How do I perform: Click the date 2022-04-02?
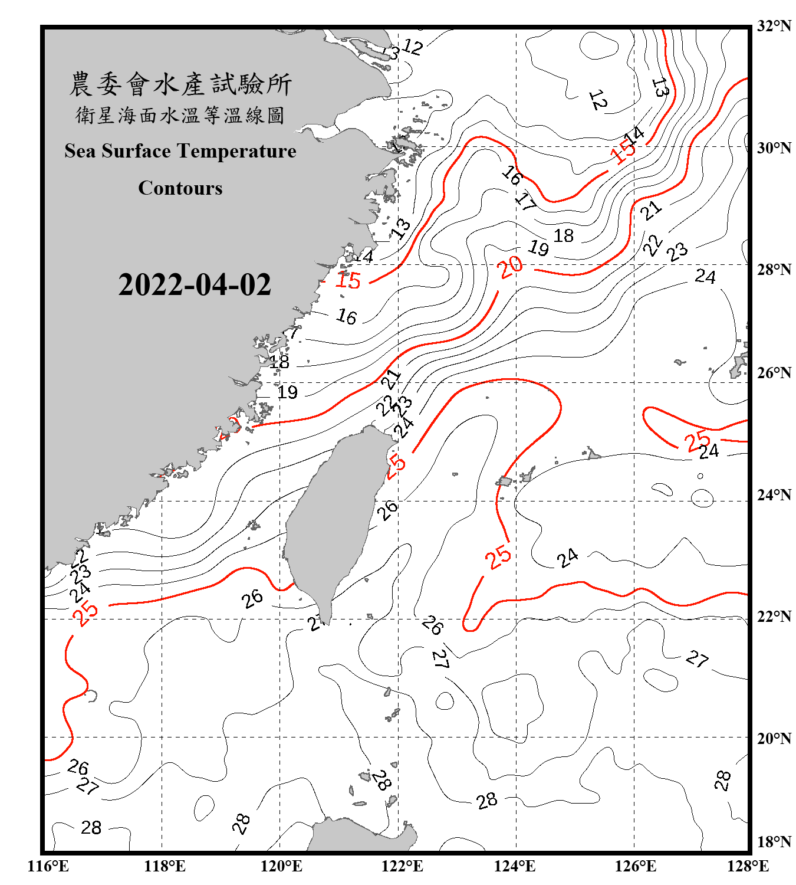click(x=195, y=285)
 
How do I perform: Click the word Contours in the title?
click(x=180, y=188)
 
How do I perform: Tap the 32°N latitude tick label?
click(x=774, y=26)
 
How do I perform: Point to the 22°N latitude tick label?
click(x=774, y=617)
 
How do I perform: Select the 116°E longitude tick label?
click(x=48, y=866)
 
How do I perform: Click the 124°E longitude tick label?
click(x=515, y=866)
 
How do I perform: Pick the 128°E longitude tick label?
click(x=748, y=866)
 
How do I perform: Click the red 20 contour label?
click(x=510, y=267)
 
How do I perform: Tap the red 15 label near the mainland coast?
click(x=347, y=280)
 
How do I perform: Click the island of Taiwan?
click(x=330, y=513)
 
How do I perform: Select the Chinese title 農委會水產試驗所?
click(x=180, y=84)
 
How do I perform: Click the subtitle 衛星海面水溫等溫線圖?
click(x=180, y=115)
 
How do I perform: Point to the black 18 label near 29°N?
click(x=564, y=236)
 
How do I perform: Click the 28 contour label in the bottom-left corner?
click(x=91, y=828)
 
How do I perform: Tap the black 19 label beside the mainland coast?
click(x=288, y=392)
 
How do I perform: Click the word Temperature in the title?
click(x=236, y=151)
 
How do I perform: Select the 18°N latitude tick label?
click(x=774, y=842)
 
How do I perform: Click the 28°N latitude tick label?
click(x=774, y=270)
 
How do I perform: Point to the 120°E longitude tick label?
click(x=281, y=866)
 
